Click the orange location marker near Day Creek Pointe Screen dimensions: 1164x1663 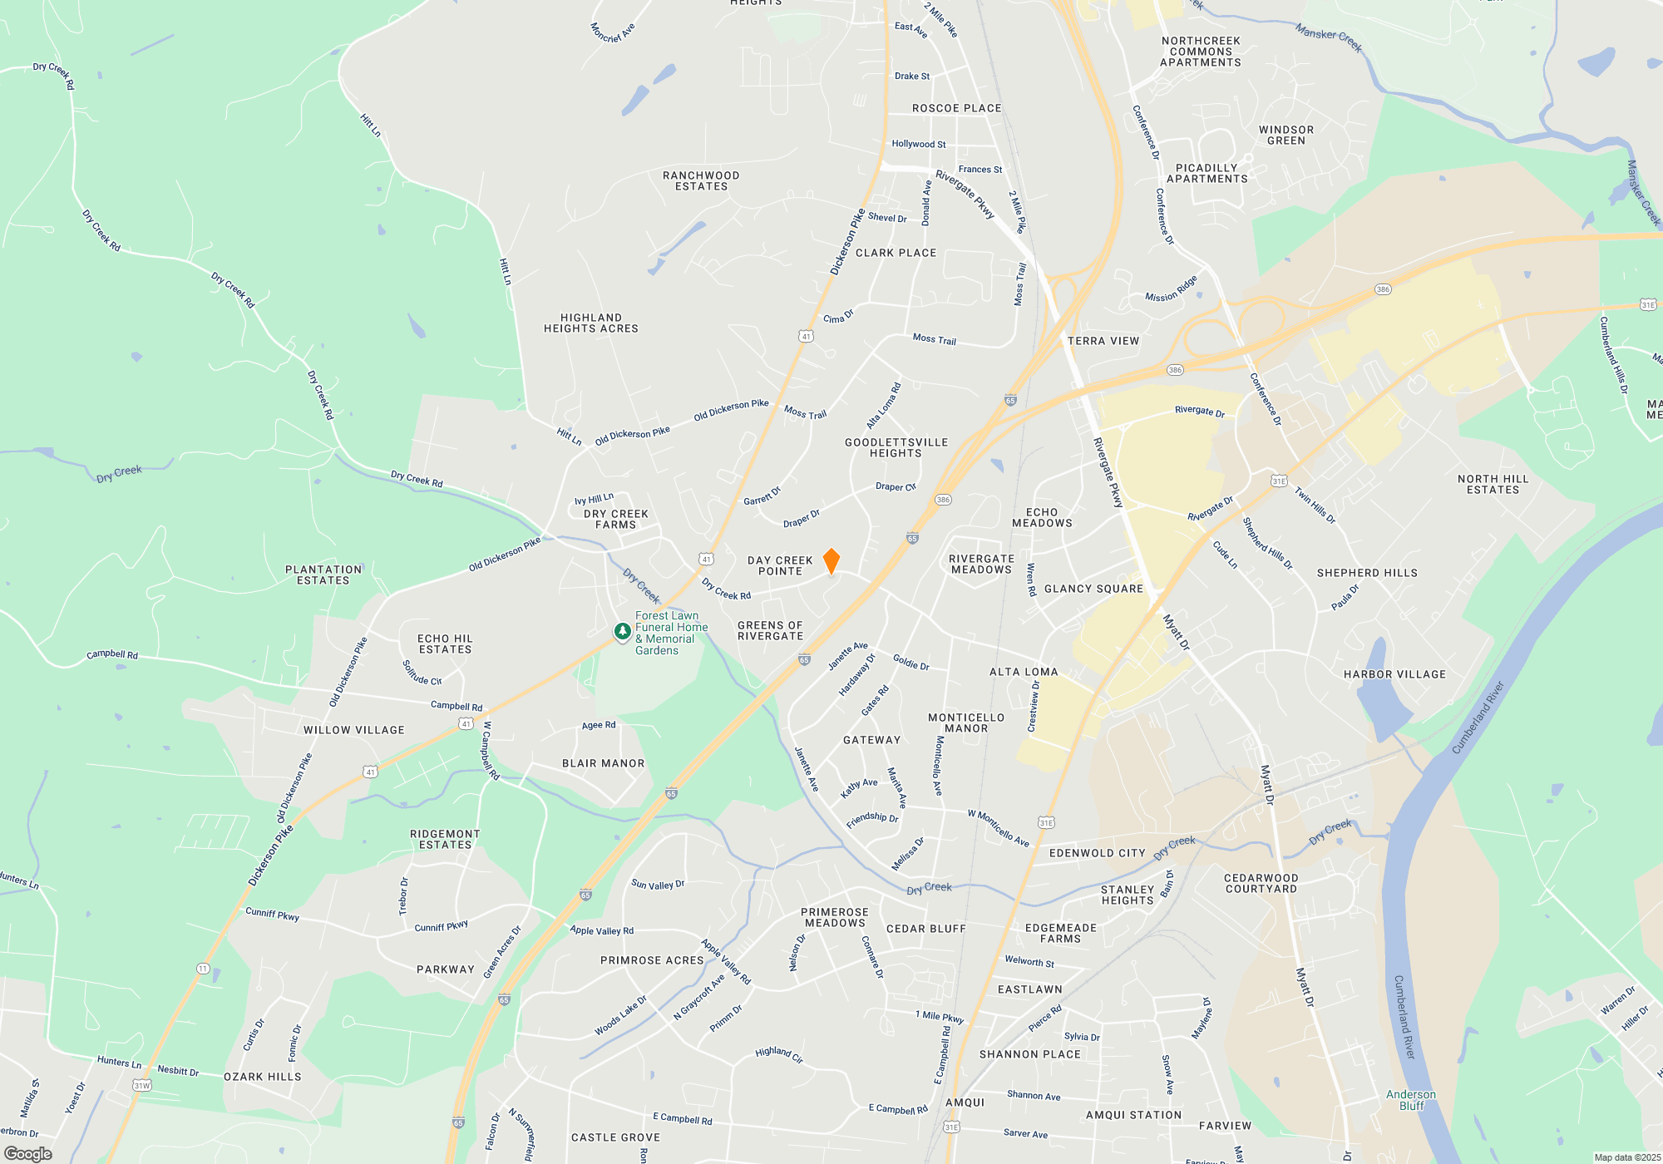(x=831, y=561)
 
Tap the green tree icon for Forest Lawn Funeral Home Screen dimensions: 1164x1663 (x=622, y=632)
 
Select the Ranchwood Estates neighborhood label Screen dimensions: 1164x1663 (x=701, y=181)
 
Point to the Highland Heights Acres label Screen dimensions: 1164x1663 (x=591, y=323)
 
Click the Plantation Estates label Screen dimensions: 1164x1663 (x=323, y=575)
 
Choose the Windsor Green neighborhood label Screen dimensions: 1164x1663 (x=1286, y=136)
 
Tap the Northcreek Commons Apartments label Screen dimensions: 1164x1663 (x=1201, y=52)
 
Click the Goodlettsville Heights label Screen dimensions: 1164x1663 (x=896, y=448)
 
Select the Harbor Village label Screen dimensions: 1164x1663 (x=1394, y=674)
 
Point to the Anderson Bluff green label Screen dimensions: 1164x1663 (x=1411, y=1100)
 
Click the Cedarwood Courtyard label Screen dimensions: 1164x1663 (x=1261, y=884)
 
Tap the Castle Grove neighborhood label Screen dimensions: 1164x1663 (x=615, y=1137)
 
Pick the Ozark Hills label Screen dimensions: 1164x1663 (x=263, y=1077)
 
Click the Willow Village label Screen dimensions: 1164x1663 (x=354, y=730)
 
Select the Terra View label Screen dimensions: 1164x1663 (x=1103, y=341)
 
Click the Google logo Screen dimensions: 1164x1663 (x=27, y=1154)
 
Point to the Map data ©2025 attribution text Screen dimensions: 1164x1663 (x=1626, y=1157)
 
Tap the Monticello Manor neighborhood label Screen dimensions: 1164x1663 (x=966, y=723)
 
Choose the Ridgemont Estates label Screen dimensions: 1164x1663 (x=445, y=840)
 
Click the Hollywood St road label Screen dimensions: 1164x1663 (x=919, y=144)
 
